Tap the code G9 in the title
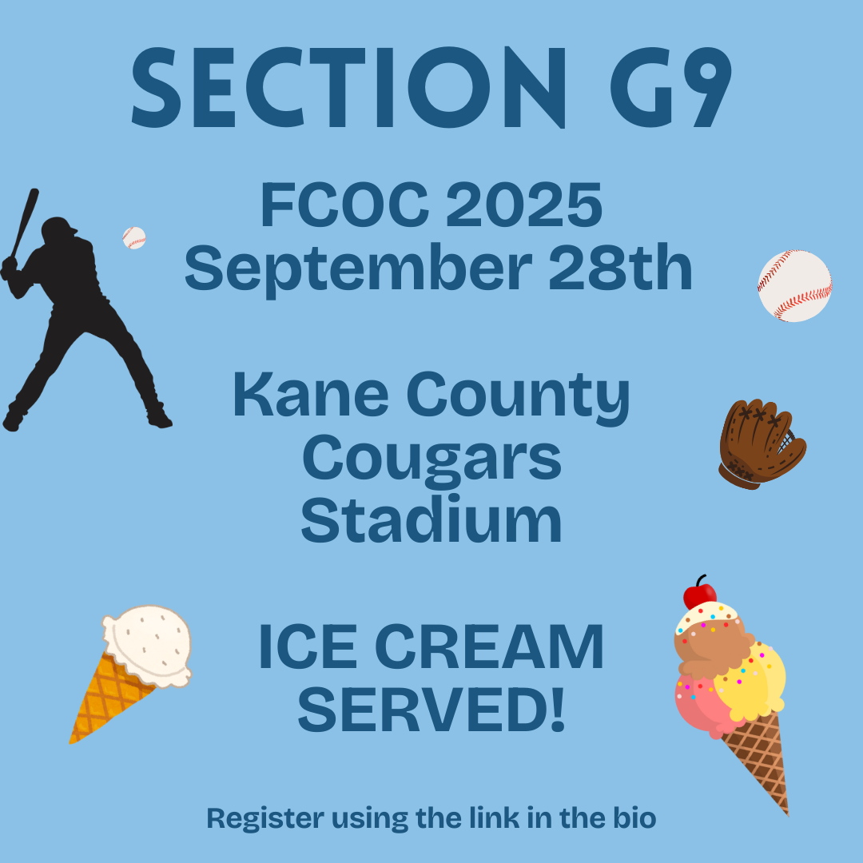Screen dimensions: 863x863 pyautogui.click(x=671, y=88)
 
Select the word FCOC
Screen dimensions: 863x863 pyautogui.click(x=344, y=205)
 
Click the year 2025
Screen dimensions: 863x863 pyautogui.click(x=524, y=205)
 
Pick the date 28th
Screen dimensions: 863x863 pyautogui.click(x=620, y=268)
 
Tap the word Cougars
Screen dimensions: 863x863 pyautogui.click(x=432, y=460)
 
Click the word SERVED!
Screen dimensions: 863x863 pyautogui.click(x=431, y=709)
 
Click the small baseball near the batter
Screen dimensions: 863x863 pyautogui.click(x=133, y=238)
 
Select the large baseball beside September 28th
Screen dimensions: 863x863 pyautogui.click(x=794, y=285)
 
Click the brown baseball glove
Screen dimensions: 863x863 pyautogui.click(x=762, y=445)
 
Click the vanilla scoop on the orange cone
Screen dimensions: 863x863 pyautogui.click(x=148, y=645)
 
